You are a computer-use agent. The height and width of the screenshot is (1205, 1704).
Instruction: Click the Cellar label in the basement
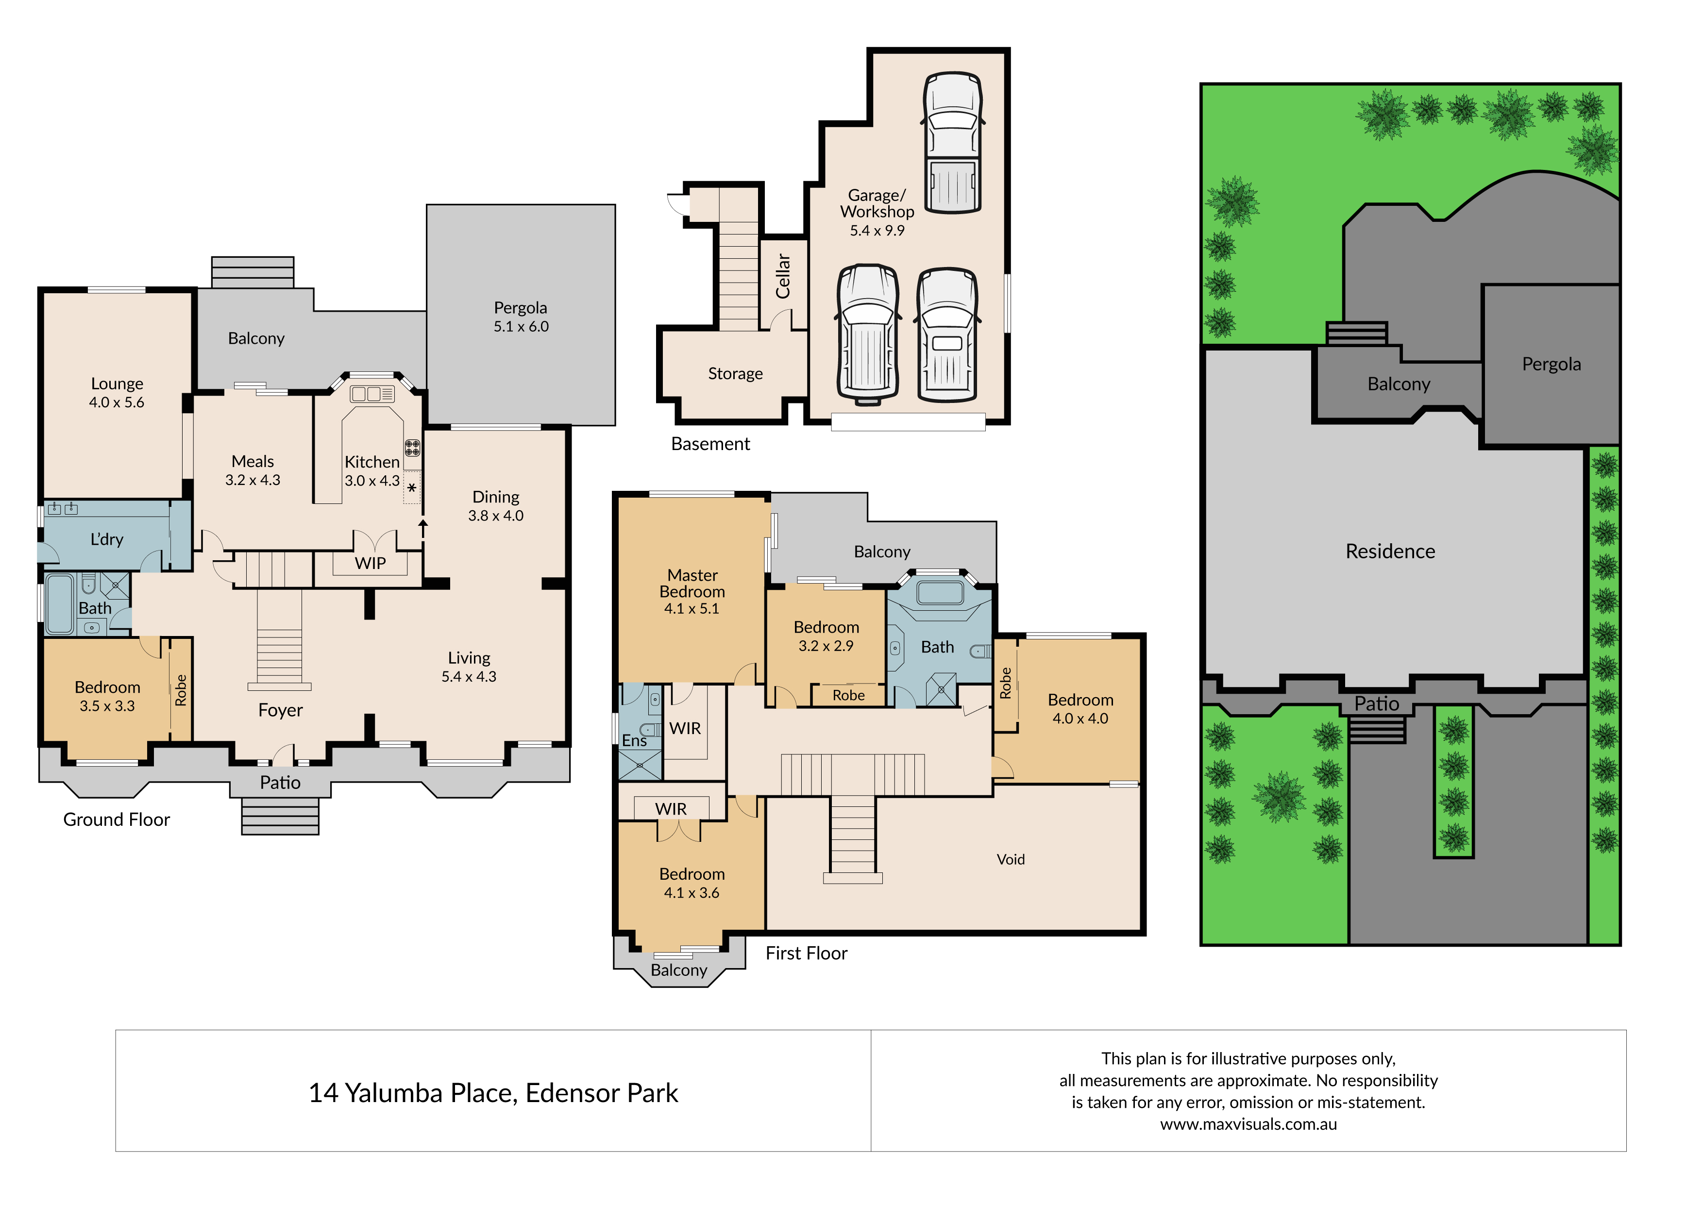pos(782,276)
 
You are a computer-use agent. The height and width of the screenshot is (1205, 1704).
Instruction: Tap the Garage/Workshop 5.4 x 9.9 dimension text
pos(877,231)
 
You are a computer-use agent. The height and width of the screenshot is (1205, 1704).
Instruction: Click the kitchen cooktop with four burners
pos(412,448)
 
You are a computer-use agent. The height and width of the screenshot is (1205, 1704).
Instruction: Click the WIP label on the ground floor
pos(371,563)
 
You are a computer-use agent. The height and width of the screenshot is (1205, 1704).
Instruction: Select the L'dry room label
pos(107,539)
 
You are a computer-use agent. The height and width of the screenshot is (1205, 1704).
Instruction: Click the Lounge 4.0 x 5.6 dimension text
pos(117,402)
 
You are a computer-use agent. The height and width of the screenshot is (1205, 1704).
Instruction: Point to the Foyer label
pos(281,711)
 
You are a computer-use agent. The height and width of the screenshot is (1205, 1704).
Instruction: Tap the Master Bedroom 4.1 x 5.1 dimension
pos(692,608)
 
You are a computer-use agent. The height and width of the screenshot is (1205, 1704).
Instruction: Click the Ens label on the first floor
pos(635,740)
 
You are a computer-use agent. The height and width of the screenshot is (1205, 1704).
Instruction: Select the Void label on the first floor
pos(1011,859)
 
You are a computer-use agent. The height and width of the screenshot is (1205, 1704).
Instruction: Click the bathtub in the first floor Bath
pos(940,593)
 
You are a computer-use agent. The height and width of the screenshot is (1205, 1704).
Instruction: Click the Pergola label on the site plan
pos(1551,364)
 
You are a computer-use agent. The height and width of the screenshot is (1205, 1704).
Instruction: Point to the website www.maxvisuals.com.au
pos(1248,1124)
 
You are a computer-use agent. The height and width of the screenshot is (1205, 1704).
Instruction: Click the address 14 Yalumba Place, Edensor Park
pos(493,1093)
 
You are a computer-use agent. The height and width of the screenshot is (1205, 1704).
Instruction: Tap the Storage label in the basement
pos(736,374)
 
